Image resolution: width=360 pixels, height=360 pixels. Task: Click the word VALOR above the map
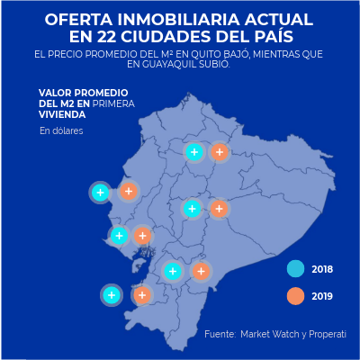click(57, 93)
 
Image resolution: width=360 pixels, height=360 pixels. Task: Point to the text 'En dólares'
click(61, 131)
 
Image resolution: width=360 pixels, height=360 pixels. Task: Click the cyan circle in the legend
click(294, 269)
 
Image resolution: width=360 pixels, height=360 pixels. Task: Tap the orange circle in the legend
click(294, 296)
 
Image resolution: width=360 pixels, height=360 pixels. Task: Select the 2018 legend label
click(322, 269)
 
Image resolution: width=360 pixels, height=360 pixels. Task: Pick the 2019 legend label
click(322, 296)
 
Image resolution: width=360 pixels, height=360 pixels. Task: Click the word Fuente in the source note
click(220, 335)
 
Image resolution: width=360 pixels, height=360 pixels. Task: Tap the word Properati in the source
click(325, 335)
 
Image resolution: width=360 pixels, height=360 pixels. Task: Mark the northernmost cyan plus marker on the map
click(193, 152)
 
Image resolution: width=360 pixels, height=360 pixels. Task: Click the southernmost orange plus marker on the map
click(141, 294)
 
